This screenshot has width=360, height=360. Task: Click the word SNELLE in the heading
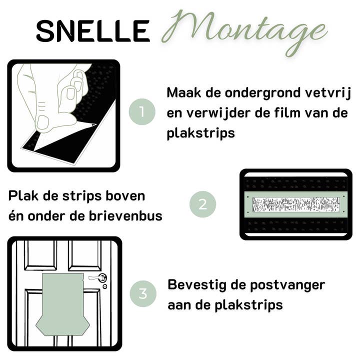(93, 31)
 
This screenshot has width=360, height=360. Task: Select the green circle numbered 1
(142, 112)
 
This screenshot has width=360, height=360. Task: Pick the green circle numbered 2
(202, 204)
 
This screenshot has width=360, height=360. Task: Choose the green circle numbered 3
(143, 293)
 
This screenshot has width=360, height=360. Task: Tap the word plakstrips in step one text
(201, 133)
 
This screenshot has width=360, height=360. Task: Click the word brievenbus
(125, 216)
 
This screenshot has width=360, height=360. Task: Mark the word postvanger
(287, 285)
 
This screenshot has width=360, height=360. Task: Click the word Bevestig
(197, 285)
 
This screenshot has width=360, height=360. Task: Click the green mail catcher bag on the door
(62, 304)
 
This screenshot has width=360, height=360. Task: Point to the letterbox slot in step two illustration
(295, 204)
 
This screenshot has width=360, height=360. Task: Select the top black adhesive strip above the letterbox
(295, 183)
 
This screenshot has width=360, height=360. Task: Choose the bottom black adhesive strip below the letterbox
(295, 225)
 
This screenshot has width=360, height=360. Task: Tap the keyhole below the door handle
(105, 286)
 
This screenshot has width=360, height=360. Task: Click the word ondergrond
(262, 93)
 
